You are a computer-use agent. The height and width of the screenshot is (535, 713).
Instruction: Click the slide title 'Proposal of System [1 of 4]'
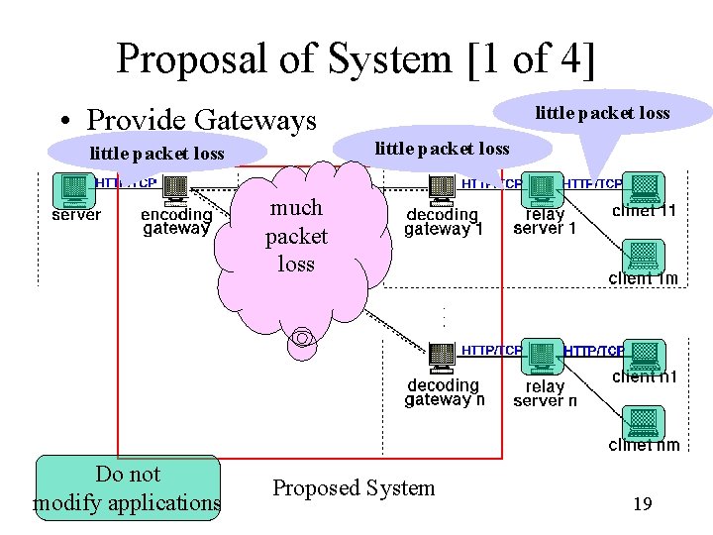click(356, 58)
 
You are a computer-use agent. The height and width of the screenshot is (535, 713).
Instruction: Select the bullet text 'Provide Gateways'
click(201, 120)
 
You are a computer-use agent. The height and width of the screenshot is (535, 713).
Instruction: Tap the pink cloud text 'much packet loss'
click(296, 236)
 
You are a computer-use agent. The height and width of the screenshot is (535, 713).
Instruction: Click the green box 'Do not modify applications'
click(128, 488)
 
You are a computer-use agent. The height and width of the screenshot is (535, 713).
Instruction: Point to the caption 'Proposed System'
click(354, 487)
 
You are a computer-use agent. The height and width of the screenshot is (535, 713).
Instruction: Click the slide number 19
click(642, 504)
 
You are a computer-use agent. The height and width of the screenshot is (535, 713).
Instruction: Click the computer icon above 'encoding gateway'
click(175, 188)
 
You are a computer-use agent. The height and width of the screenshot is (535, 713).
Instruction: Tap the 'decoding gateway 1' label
click(443, 222)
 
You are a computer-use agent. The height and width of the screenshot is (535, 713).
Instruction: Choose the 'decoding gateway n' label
click(445, 392)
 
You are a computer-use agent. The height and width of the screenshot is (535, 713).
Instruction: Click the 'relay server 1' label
click(545, 222)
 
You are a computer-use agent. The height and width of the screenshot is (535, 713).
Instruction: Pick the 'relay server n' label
click(545, 393)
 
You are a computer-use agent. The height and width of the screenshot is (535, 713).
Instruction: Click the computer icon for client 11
click(645, 187)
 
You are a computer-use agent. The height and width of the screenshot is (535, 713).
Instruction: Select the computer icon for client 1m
click(644, 254)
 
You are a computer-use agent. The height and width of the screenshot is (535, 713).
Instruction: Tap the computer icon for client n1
click(645, 355)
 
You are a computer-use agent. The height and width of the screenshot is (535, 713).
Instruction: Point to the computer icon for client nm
click(644, 421)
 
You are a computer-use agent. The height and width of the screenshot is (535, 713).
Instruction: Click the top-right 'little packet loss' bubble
click(602, 113)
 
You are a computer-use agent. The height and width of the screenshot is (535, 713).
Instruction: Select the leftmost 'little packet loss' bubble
click(156, 154)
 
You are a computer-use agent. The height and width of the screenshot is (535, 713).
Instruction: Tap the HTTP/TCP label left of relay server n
click(491, 351)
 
